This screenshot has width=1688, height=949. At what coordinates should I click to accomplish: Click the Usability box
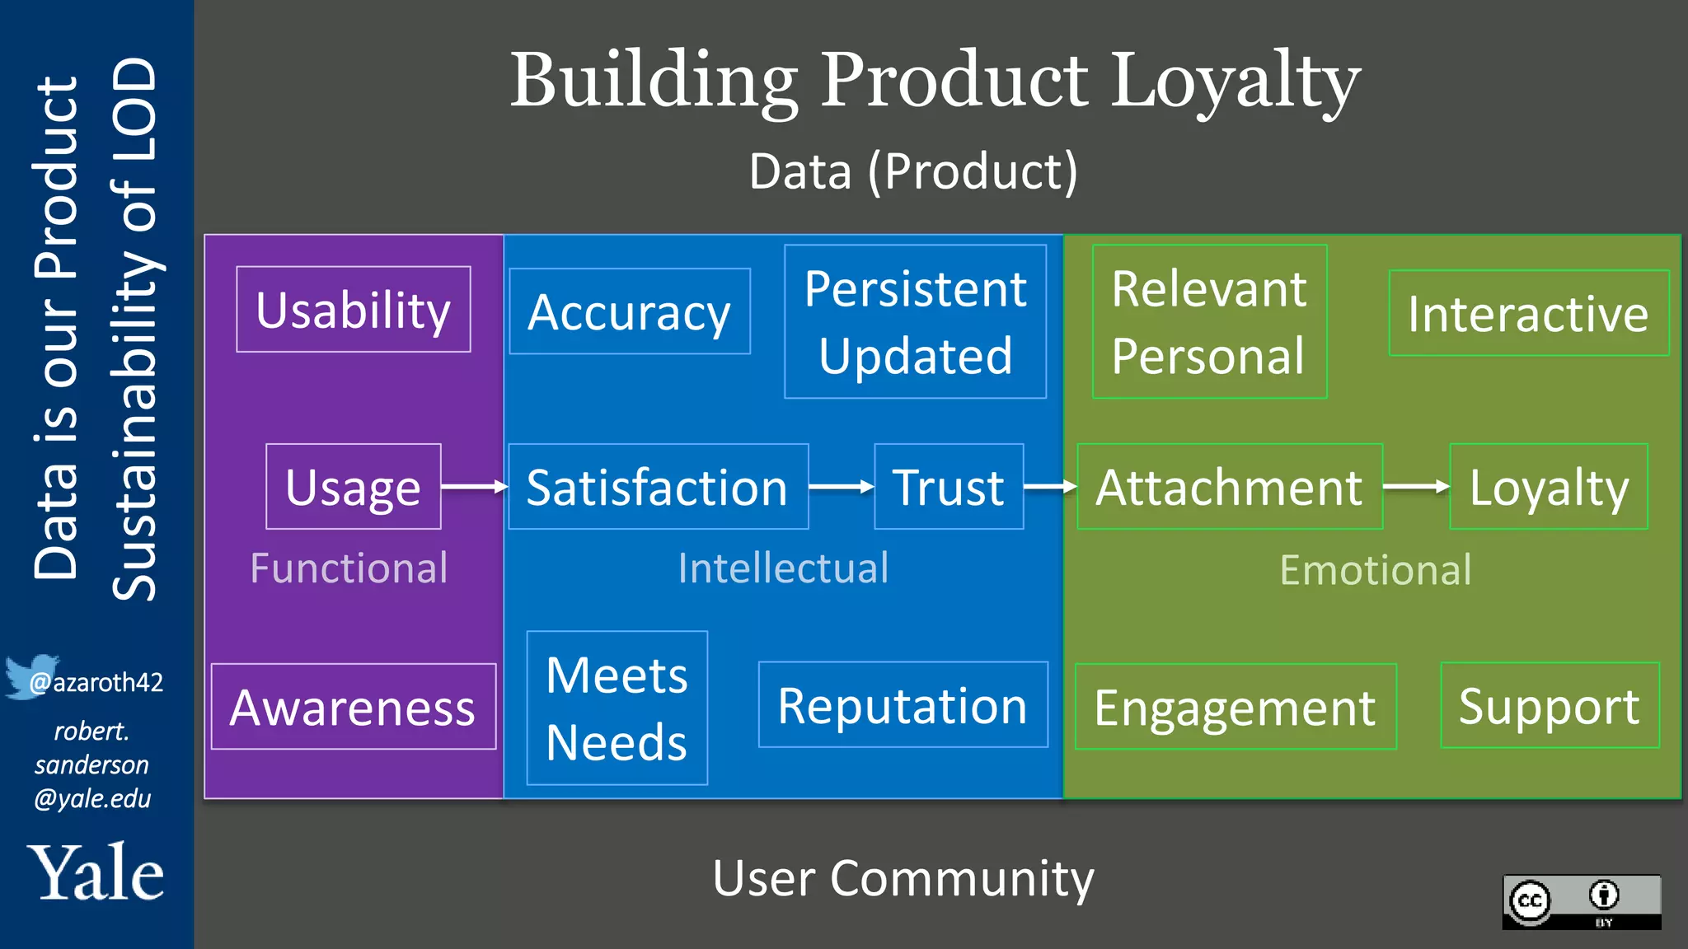tap(354, 309)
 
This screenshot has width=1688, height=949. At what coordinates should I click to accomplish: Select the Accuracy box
tap(630, 311)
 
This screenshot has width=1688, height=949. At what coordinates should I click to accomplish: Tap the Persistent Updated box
tap(915, 321)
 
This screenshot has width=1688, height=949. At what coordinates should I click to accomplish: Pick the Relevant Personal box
tap(1209, 321)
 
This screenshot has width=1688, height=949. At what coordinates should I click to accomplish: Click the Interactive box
tap(1529, 313)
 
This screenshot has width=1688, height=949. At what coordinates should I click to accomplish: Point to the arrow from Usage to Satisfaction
tap(474, 487)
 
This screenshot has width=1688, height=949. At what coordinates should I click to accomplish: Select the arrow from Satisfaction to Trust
tap(841, 487)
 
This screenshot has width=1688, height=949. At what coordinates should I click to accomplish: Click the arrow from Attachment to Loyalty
tap(1415, 487)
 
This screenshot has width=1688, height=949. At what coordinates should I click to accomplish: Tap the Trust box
tap(949, 487)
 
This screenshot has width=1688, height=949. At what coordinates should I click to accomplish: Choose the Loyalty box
tap(1549, 487)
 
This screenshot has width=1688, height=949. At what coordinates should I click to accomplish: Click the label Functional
tap(349, 568)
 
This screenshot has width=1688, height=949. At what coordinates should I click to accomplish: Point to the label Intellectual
tap(783, 568)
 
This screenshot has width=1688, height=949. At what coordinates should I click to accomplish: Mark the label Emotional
tap(1375, 570)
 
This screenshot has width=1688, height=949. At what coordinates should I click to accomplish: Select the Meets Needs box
tap(617, 708)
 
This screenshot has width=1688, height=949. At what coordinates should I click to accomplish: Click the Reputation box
tap(903, 705)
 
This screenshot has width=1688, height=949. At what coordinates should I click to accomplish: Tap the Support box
tap(1550, 705)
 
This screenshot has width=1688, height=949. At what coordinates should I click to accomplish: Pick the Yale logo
tap(96, 873)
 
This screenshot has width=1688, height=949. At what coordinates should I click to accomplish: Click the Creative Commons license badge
tap(1581, 902)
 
